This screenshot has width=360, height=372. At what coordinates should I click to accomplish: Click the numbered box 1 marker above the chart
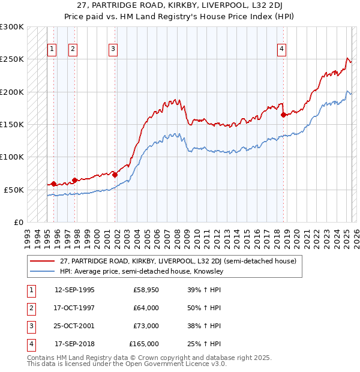pyautogui.click(x=52, y=50)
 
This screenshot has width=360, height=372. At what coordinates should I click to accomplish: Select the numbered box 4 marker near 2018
pyautogui.click(x=281, y=50)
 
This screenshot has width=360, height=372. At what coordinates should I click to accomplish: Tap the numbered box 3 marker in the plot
pyautogui.click(x=113, y=50)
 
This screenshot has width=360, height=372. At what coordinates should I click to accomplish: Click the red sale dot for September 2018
pyautogui.click(x=283, y=115)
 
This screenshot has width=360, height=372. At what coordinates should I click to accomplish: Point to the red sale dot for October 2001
pyautogui.click(x=115, y=175)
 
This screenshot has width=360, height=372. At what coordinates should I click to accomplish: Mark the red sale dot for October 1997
pyautogui.click(x=75, y=180)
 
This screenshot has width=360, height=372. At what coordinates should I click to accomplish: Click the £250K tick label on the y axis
pyautogui.click(x=12, y=59)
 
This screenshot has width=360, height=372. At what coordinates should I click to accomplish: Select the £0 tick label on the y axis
pyautogui.click(x=17, y=222)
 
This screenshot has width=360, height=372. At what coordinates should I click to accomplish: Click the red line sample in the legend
pyautogui.click(x=41, y=261)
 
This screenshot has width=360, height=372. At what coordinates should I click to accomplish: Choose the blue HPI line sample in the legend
pyautogui.click(x=41, y=271)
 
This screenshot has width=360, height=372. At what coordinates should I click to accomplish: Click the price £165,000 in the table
pyautogui.click(x=144, y=344)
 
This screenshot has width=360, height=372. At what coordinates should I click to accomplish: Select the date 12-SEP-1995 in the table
pyautogui.click(x=74, y=290)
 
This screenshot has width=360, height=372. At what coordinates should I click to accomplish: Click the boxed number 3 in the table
pyautogui.click(x=31, y=326)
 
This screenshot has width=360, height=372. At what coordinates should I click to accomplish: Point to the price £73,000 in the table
pyautogui.click(x=146, y=326)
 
